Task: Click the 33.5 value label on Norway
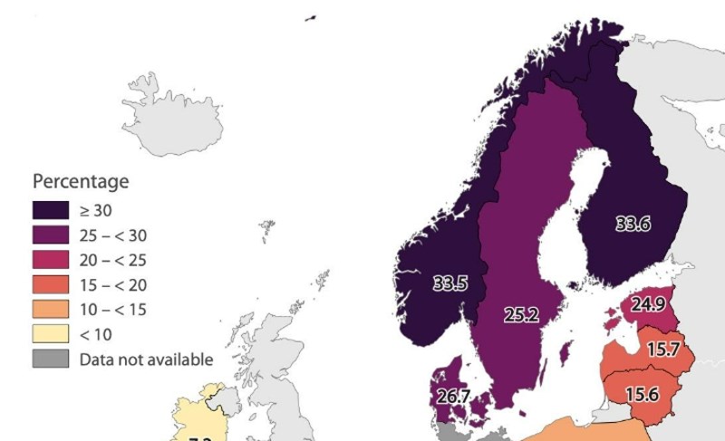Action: tap(449, 283)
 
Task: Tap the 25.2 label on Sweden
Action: tap(521, 315)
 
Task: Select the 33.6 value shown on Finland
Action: tap(633, 225)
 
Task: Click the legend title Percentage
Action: tap(81, 181)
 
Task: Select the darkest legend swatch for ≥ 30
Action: tap(52, 211)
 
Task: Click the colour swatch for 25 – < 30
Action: tap(52, 235)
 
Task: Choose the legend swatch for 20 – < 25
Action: tap(52, 260)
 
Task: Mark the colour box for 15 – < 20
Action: tap(52, 284)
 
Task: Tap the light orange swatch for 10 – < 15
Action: tap(52, 310)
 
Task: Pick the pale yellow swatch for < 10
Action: tap(52, 334)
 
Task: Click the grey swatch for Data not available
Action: tap(52, 359)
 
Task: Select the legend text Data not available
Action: tap(146, 360)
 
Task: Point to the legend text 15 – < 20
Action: tap(113, 285)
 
